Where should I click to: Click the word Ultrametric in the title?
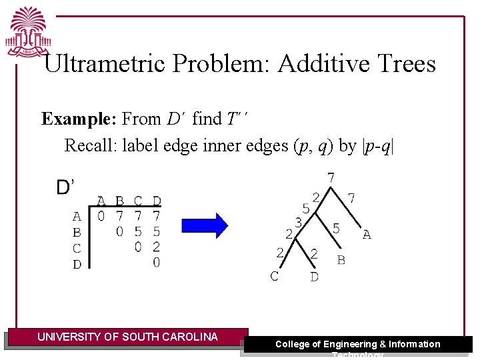point(107,64)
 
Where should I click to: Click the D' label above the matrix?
point(65,187)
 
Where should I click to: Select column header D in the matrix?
point(157,201)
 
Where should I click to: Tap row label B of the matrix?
point(77,233)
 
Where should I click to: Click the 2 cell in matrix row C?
point(157,248)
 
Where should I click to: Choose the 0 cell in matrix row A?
point(101,216)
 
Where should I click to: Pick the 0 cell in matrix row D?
point(157,263)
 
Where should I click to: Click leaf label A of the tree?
point(367,235)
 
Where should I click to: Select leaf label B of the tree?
point(341,260)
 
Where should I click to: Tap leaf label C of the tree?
point(274,276)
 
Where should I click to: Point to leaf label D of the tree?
point(314,277)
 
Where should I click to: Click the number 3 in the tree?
point(299,221)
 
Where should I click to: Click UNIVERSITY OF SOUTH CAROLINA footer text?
point(127,337)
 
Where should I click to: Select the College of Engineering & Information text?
point(358,344)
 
